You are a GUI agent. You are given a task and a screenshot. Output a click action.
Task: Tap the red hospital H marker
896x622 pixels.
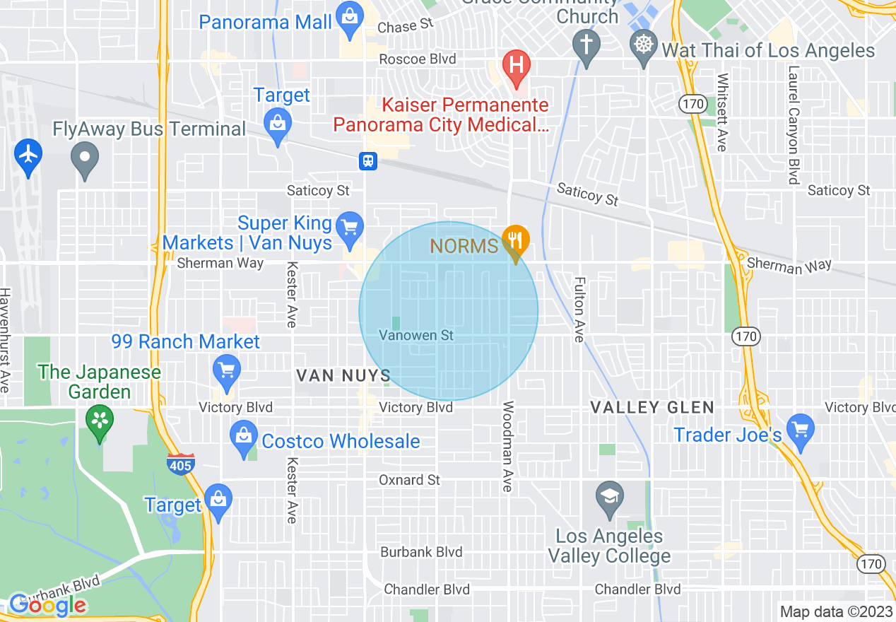point(517,66)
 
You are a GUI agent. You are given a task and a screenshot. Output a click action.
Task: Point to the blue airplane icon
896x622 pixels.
point(28,153)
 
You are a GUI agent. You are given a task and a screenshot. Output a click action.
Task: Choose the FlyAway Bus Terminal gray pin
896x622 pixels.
point(86,158)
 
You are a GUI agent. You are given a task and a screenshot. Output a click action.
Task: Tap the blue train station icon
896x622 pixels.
point(368,161)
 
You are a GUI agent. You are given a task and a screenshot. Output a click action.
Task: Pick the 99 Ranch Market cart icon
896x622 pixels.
point(227,370)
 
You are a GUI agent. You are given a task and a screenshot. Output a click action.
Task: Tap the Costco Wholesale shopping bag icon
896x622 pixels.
point(244,436)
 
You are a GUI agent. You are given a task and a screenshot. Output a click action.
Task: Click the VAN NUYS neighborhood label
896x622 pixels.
point(343,375)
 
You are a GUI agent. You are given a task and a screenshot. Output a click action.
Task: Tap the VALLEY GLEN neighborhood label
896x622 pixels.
point(652,407)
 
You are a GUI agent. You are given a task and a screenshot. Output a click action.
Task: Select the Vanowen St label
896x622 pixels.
point(416,335)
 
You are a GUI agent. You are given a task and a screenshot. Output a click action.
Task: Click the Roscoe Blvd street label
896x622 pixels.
point(417,59)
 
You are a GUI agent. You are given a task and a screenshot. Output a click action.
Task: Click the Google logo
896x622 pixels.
point(47,605)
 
